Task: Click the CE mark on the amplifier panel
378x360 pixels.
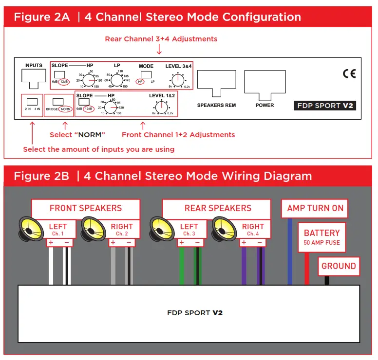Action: pos(349,73)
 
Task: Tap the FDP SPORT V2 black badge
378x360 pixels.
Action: pos(325,106)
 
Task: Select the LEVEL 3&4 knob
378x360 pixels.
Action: pos(178,80)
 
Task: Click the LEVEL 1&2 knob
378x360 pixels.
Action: pos(162,108)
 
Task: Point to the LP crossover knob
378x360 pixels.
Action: pos(117,80)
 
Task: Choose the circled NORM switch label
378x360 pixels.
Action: pos(66,109)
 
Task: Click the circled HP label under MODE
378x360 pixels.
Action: pos(140,82)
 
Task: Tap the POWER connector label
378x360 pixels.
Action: pos(265,105)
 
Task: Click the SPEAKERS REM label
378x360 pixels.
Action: pos(216,105)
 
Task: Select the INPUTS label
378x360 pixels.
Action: pos(33,66)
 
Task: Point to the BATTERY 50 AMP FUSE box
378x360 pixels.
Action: pos(322,237)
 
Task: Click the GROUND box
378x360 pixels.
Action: pos(339,266)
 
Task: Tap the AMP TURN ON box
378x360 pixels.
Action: pos(315,208)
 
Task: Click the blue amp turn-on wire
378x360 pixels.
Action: pos(290,252)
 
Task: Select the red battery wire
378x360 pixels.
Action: pos(307,269)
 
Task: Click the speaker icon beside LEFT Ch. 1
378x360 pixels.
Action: pos(31,229)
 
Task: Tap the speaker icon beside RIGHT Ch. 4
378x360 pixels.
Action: pos(224,229)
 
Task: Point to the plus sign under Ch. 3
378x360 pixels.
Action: pos(182,242)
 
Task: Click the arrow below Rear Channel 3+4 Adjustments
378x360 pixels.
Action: pos(159,49)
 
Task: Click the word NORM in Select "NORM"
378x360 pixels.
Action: pos(90,135)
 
